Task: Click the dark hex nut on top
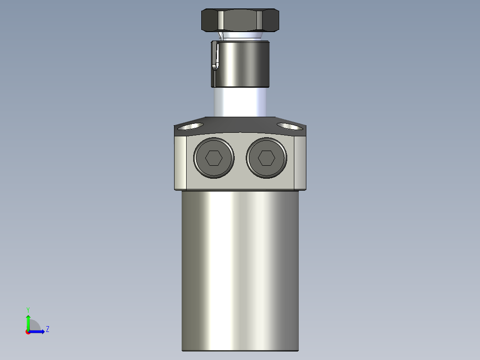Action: point(240,20)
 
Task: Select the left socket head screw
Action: point(214,158)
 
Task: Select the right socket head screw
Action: point(266,158)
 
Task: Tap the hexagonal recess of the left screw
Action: point(214,158)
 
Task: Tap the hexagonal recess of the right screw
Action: point(266,158)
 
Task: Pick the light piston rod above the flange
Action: point(240,102)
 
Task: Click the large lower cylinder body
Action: point(240,267)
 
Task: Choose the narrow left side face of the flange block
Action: point(180,162)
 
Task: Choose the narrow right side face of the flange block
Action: point(300,162)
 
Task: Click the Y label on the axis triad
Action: point(28,309)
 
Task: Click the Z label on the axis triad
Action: point(48,329)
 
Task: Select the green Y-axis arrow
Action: point(28,322)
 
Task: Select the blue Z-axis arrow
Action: point(37,331)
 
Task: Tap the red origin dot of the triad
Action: point(28,332)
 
